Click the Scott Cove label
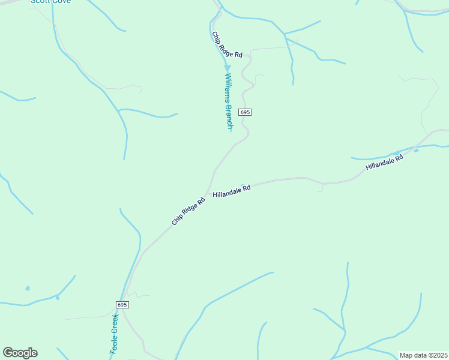tap(51, 2)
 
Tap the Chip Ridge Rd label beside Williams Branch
tap(227, 45)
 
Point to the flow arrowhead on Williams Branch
tap(228, 68)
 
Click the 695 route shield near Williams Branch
tap(244, 112)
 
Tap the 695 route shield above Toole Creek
tap(122, 305)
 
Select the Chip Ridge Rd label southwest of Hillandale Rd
tap(188, 211)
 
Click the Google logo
tap(20, 353)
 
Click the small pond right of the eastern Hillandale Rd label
tap(416, 151)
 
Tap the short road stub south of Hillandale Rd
tap(322, 188)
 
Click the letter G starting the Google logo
tap(8, 353)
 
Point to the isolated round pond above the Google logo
tap(28, 289)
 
